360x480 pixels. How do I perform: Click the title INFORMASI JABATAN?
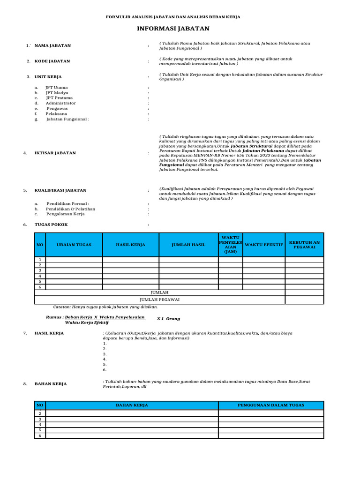[173, 29]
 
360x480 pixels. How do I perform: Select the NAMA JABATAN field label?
[52, 45]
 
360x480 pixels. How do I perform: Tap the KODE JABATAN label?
[52, 61]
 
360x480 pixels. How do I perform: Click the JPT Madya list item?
[57, 93]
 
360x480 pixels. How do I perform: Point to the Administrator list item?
[60, 103]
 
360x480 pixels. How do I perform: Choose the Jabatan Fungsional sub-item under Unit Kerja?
[67, 119]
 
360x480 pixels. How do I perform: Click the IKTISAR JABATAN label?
[55, 153]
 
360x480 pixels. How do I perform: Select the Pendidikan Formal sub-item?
[67, 204]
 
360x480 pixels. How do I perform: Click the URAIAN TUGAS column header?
[74, 245]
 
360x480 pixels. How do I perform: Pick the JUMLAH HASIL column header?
[188, 245]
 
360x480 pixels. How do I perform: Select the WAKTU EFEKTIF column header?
[264, 245]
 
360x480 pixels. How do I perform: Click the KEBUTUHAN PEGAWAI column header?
[304, 245]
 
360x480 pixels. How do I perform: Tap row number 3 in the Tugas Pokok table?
[40, 270]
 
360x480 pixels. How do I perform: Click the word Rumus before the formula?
[54, 317]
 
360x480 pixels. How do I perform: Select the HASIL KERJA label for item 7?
[49, 333]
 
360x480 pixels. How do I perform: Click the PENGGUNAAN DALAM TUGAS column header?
[271, 405]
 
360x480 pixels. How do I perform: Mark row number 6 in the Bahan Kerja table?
[40, 435]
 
